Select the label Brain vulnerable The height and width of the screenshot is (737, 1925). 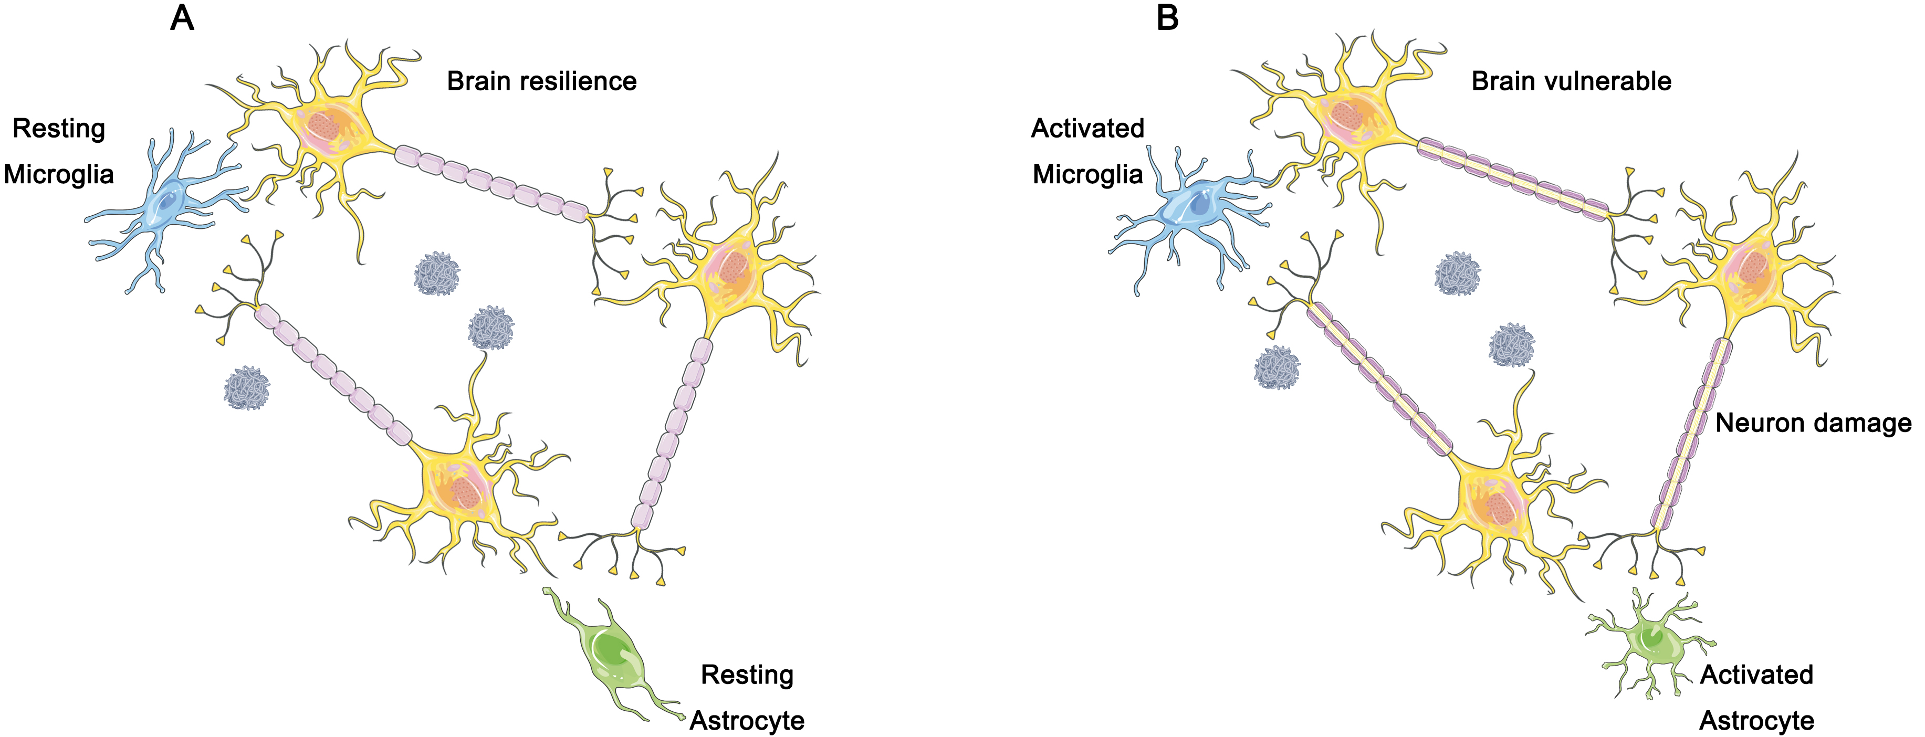coord(1571,81)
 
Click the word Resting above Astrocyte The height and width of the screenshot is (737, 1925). coord(747,675)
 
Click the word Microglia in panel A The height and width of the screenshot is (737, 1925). coord(59,174)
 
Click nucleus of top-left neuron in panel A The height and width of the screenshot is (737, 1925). coord(323,125)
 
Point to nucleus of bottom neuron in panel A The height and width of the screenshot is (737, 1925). coord(466,493)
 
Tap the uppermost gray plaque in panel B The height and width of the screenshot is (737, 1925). coord(1457,273)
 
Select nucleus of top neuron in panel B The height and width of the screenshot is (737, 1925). coord(1346,115)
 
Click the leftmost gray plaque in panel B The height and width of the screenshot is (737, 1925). coord(1277,368)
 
